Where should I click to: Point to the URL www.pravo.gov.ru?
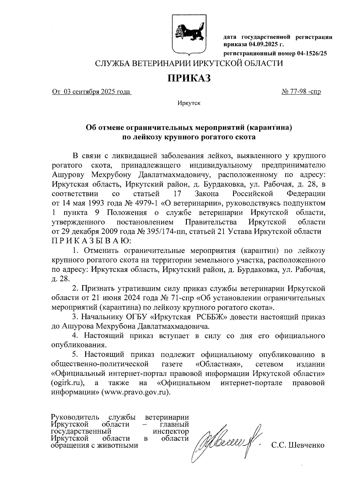136,392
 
